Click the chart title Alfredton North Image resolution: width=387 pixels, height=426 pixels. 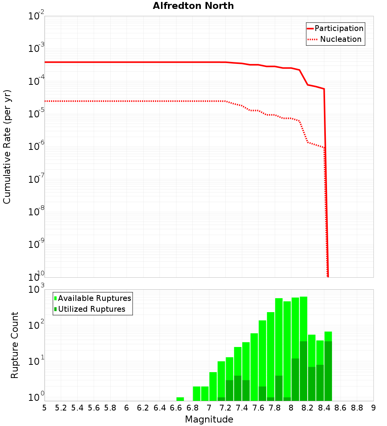[193, 6]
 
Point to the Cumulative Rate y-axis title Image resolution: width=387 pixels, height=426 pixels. [7, 147]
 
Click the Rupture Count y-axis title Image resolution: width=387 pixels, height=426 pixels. [15, 345]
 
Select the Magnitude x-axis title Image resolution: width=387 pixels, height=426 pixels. [209, 419]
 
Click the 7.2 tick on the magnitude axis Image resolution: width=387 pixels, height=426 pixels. [225, 408]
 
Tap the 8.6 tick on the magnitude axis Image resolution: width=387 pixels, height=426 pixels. [341, 408]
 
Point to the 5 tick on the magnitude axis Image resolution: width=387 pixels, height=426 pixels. [45, 408]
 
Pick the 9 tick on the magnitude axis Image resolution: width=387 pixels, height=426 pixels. [373, 408]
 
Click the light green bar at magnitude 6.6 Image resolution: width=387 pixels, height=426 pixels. [180, 399]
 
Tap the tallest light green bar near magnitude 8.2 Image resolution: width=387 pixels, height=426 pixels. [303, 318]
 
